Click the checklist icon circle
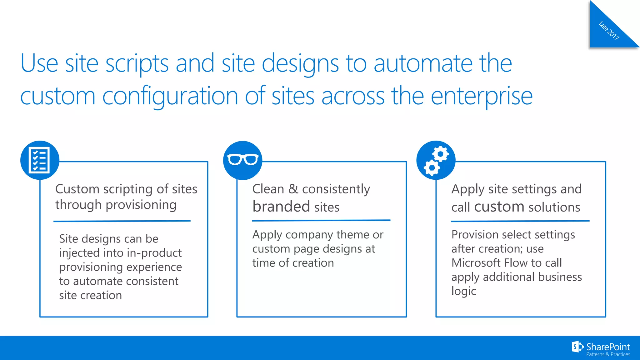tap(40, 160)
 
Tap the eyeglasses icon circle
tap(243, 160)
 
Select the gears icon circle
tap(436, 160)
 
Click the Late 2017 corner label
tap(608, 31)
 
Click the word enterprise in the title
tap(482, 96)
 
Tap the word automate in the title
tap(423, 63)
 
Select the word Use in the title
tap(39, 63)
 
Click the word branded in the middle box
tap(281, 207)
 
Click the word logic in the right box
tap(463, 291)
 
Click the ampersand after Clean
tap(293, 189)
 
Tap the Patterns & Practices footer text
tap(608, 354)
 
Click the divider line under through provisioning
tap(122, 221)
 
